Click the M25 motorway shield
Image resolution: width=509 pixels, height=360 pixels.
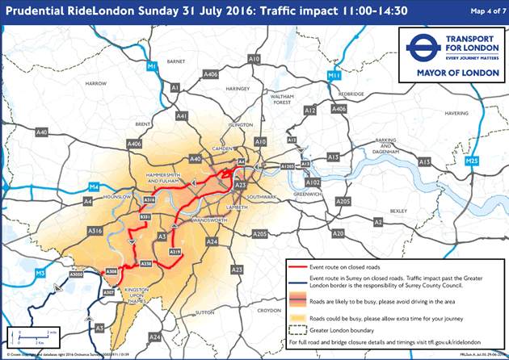point(473,162)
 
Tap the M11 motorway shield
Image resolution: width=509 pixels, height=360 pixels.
point(334,75)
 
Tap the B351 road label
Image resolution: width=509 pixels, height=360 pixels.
point(145,218)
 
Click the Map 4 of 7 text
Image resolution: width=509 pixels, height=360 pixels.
point(484,10)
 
